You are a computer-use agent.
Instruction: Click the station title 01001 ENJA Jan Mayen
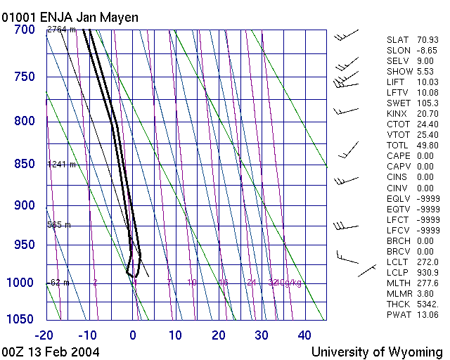pos(70,17)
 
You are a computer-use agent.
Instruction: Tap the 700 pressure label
pos(24,30)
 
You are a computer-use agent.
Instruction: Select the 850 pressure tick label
pos(24,165)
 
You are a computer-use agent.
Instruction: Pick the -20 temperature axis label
pos(46,335)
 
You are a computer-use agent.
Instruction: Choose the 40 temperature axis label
pos(304,335)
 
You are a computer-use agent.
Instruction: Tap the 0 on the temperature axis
pos(133,335)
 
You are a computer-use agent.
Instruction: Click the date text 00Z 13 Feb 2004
pos(51,351)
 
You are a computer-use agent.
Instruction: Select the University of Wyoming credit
pos(377,351)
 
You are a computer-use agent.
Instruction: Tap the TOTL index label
pos(397,146)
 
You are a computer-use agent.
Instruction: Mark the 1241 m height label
pos(61,165)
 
